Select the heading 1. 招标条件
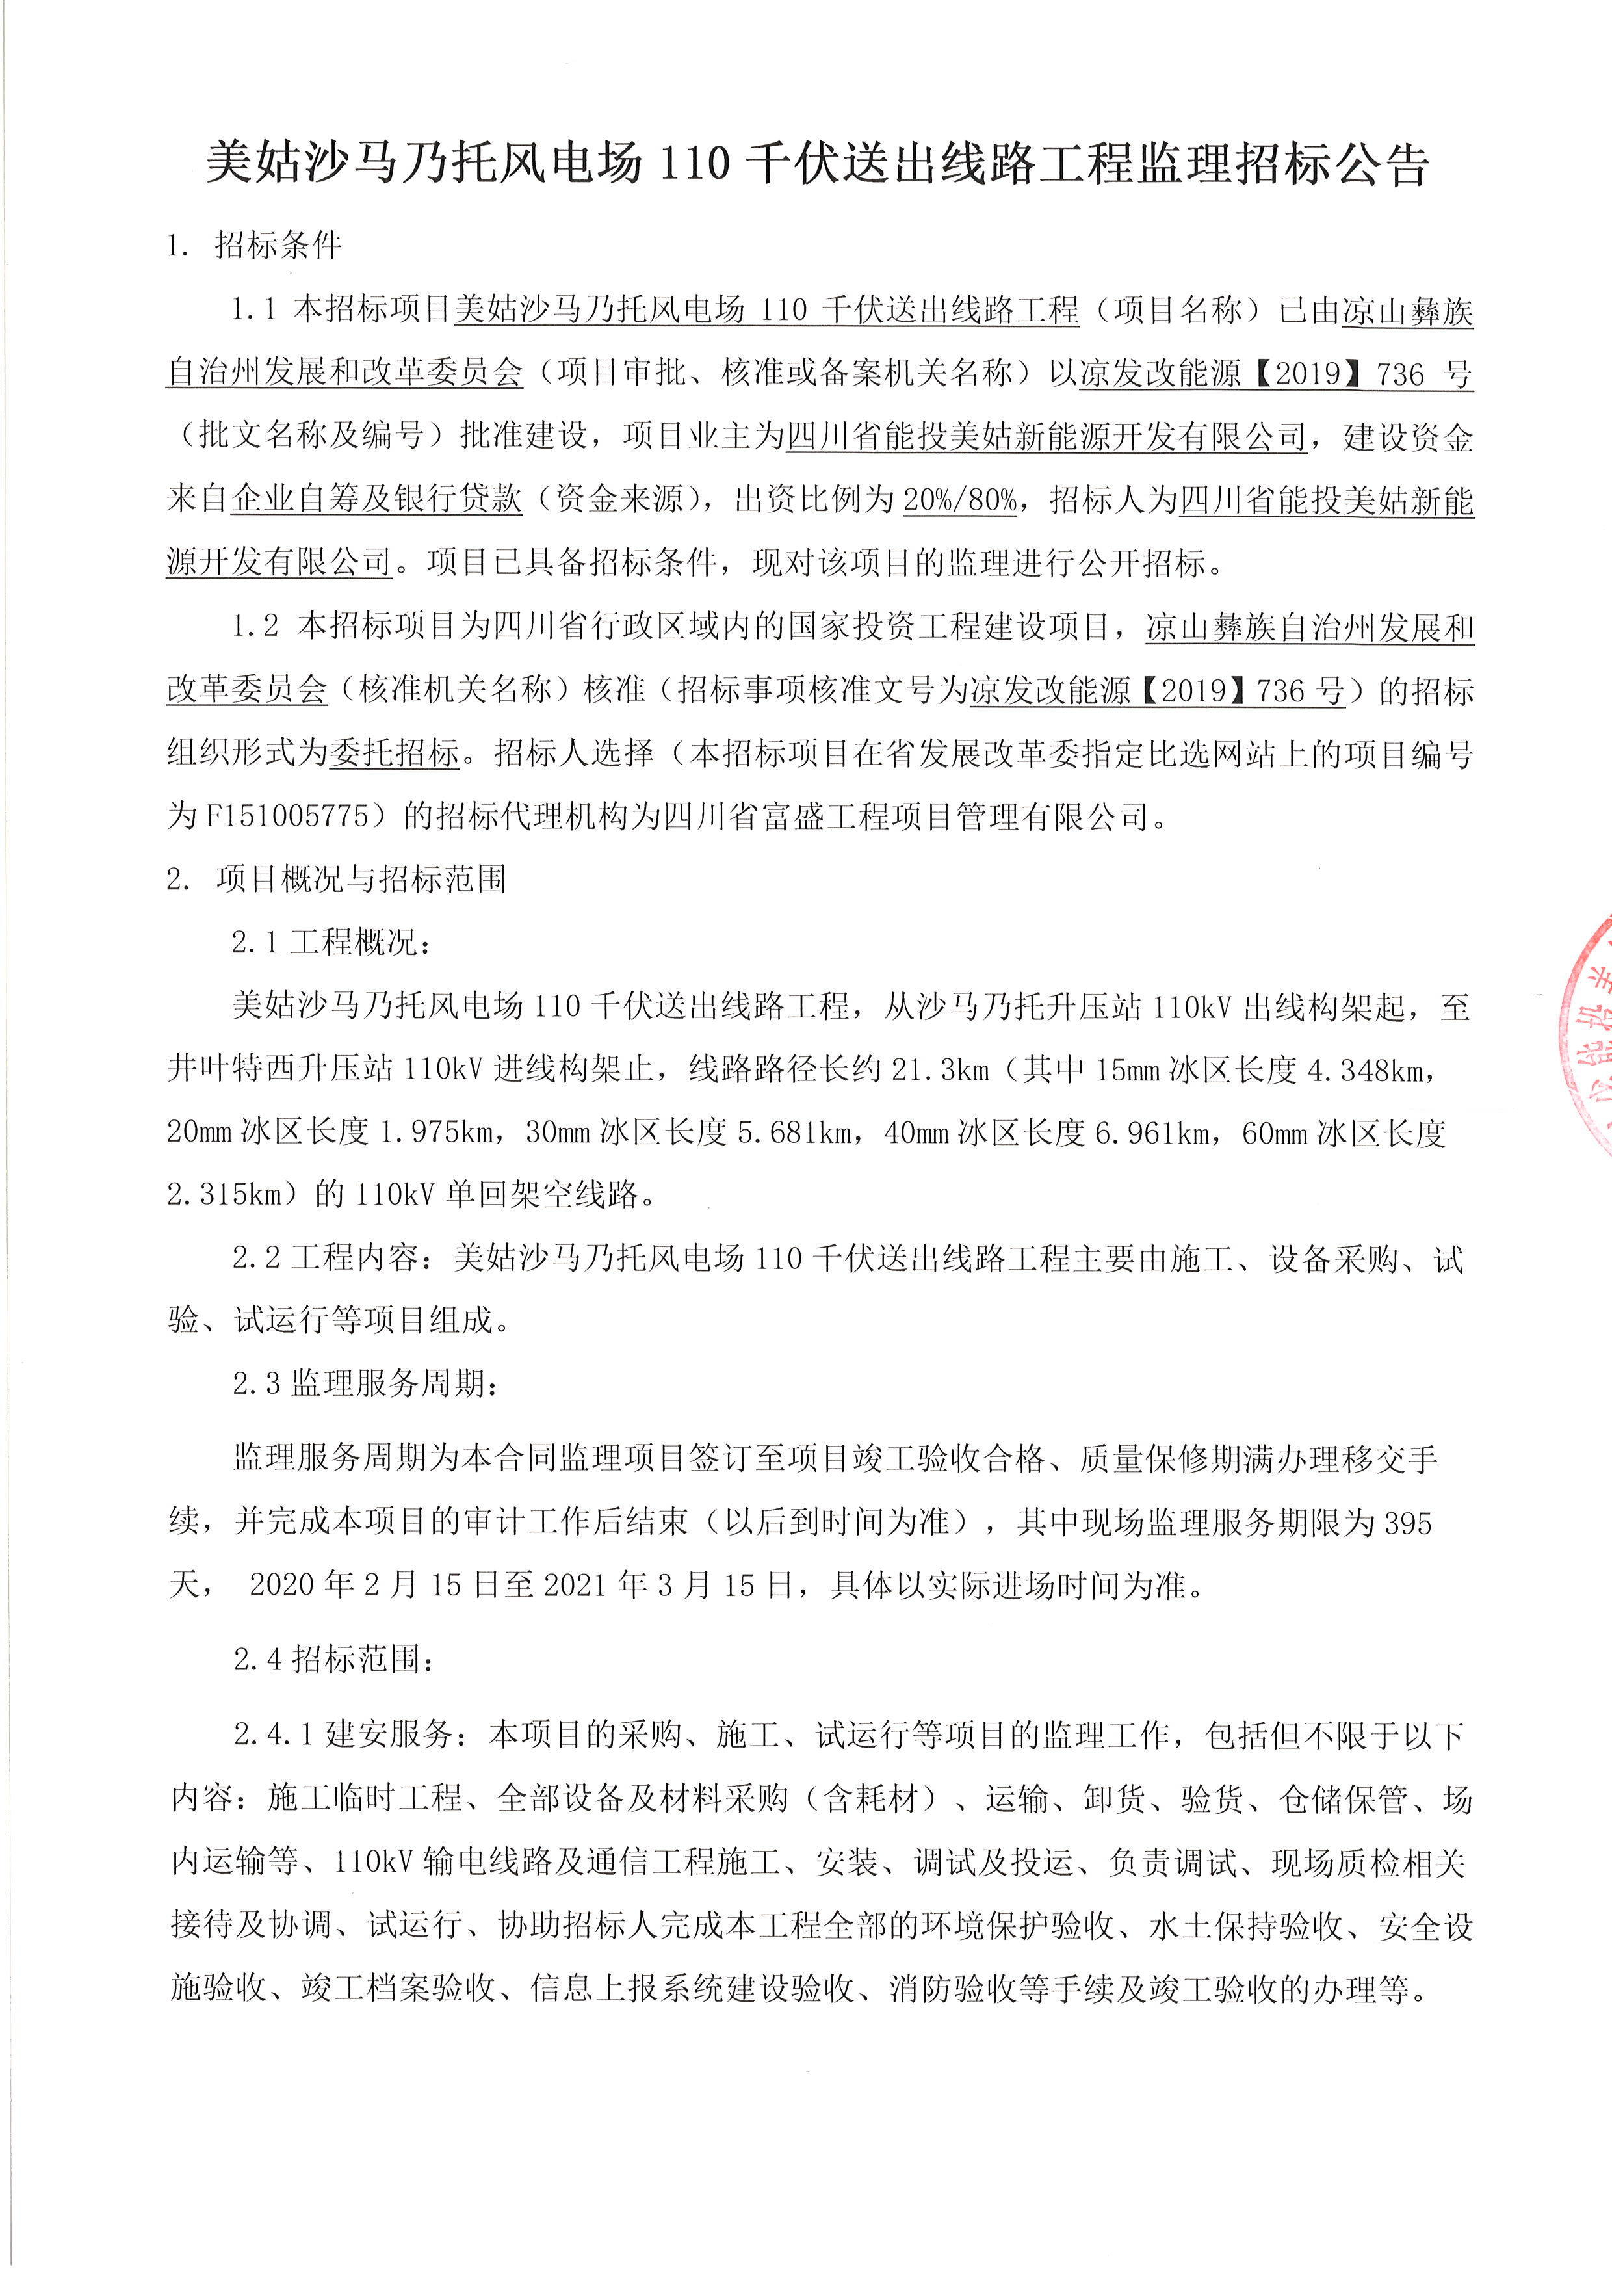[254, 245]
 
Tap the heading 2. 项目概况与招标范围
[337, 878]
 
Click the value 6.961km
[1156, 1132]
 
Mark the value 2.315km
[226, 1194]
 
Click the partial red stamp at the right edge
[1588, 1032]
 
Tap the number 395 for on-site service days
[1407, 1523]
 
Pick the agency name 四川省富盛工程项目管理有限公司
[906, 817]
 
